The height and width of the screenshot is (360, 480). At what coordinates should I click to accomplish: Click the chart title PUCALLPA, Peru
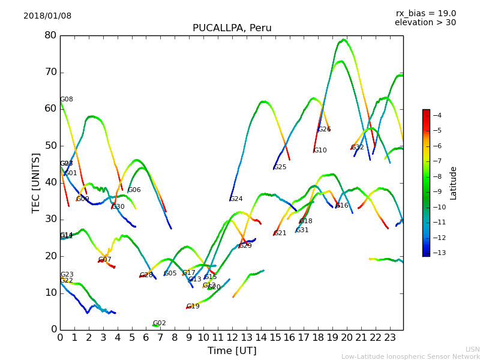click(232, 28)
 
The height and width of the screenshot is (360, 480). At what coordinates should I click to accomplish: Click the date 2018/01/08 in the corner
click(47, 16)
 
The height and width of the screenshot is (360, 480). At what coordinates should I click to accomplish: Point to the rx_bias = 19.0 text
click(425, 14)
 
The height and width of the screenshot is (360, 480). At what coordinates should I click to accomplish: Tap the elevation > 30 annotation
click(425, 23)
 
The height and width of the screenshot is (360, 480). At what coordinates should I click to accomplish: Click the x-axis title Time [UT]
click(232, 350)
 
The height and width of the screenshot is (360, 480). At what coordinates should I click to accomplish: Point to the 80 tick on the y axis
click(50, 35)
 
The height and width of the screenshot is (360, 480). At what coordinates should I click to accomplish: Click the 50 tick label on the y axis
click(50, 146)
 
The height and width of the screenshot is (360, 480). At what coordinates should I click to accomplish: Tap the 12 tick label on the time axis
click(232, 338)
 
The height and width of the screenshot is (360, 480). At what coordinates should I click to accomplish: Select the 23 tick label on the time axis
click(390, 338)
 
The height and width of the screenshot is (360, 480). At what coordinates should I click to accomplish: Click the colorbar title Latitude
click(454, 183)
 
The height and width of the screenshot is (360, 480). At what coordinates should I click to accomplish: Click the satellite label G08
click(66, 100)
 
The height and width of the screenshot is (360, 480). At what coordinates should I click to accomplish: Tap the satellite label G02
click(159, 323)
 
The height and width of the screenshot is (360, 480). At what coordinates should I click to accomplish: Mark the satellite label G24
click(236, 199)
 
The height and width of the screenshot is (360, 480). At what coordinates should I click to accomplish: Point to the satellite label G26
click(324, 130)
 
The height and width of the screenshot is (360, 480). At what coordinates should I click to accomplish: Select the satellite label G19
click(193, 307)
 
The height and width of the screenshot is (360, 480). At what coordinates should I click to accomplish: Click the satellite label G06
click(134, 190)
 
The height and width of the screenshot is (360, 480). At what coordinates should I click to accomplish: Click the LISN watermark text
click(472, 349)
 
